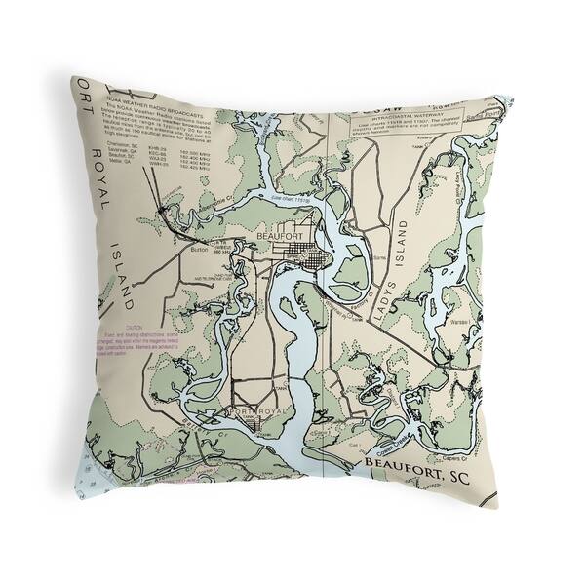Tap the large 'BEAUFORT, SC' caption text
[418, 476]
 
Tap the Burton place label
[201, 250]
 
